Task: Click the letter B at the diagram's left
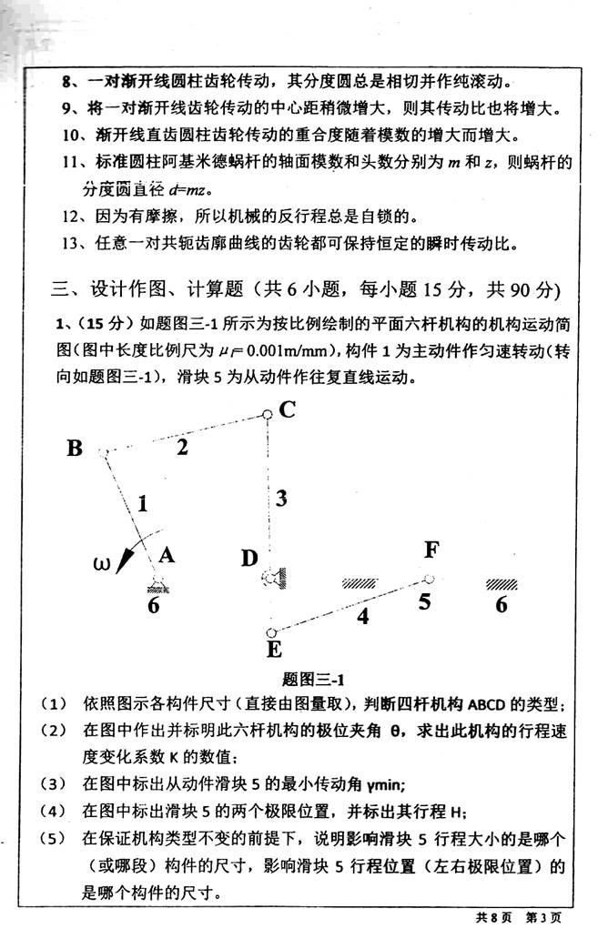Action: pos(76,447)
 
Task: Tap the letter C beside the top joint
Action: pos(287,411)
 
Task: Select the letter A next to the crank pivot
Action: pos(167,554)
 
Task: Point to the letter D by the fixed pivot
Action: pos(249,557)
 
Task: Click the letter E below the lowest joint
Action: pos(270,649)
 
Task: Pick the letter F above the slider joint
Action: pos(432,550)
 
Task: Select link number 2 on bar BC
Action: pos(184,446)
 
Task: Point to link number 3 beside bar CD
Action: pos(282,498)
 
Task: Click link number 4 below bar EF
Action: pos(363,616)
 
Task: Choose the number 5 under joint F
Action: pos(424,601)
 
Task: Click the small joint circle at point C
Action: pos(267,415)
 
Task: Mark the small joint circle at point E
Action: pos(269,632)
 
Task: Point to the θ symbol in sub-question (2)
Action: pos(395,731)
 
